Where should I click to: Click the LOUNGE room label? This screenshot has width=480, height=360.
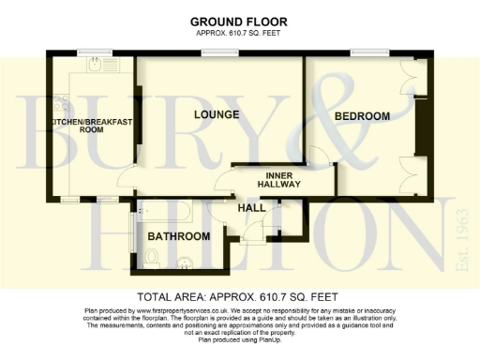pos(217,114)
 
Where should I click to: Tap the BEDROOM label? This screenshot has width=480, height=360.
pos(362,116)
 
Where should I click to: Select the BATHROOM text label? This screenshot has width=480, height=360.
pos(178,236)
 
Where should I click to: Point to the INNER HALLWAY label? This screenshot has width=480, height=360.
pos(283,180)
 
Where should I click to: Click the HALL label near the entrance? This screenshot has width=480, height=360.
pos(250,207)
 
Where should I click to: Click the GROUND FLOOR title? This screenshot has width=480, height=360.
pos(238,21)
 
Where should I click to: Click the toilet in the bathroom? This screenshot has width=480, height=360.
pos(152,256)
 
